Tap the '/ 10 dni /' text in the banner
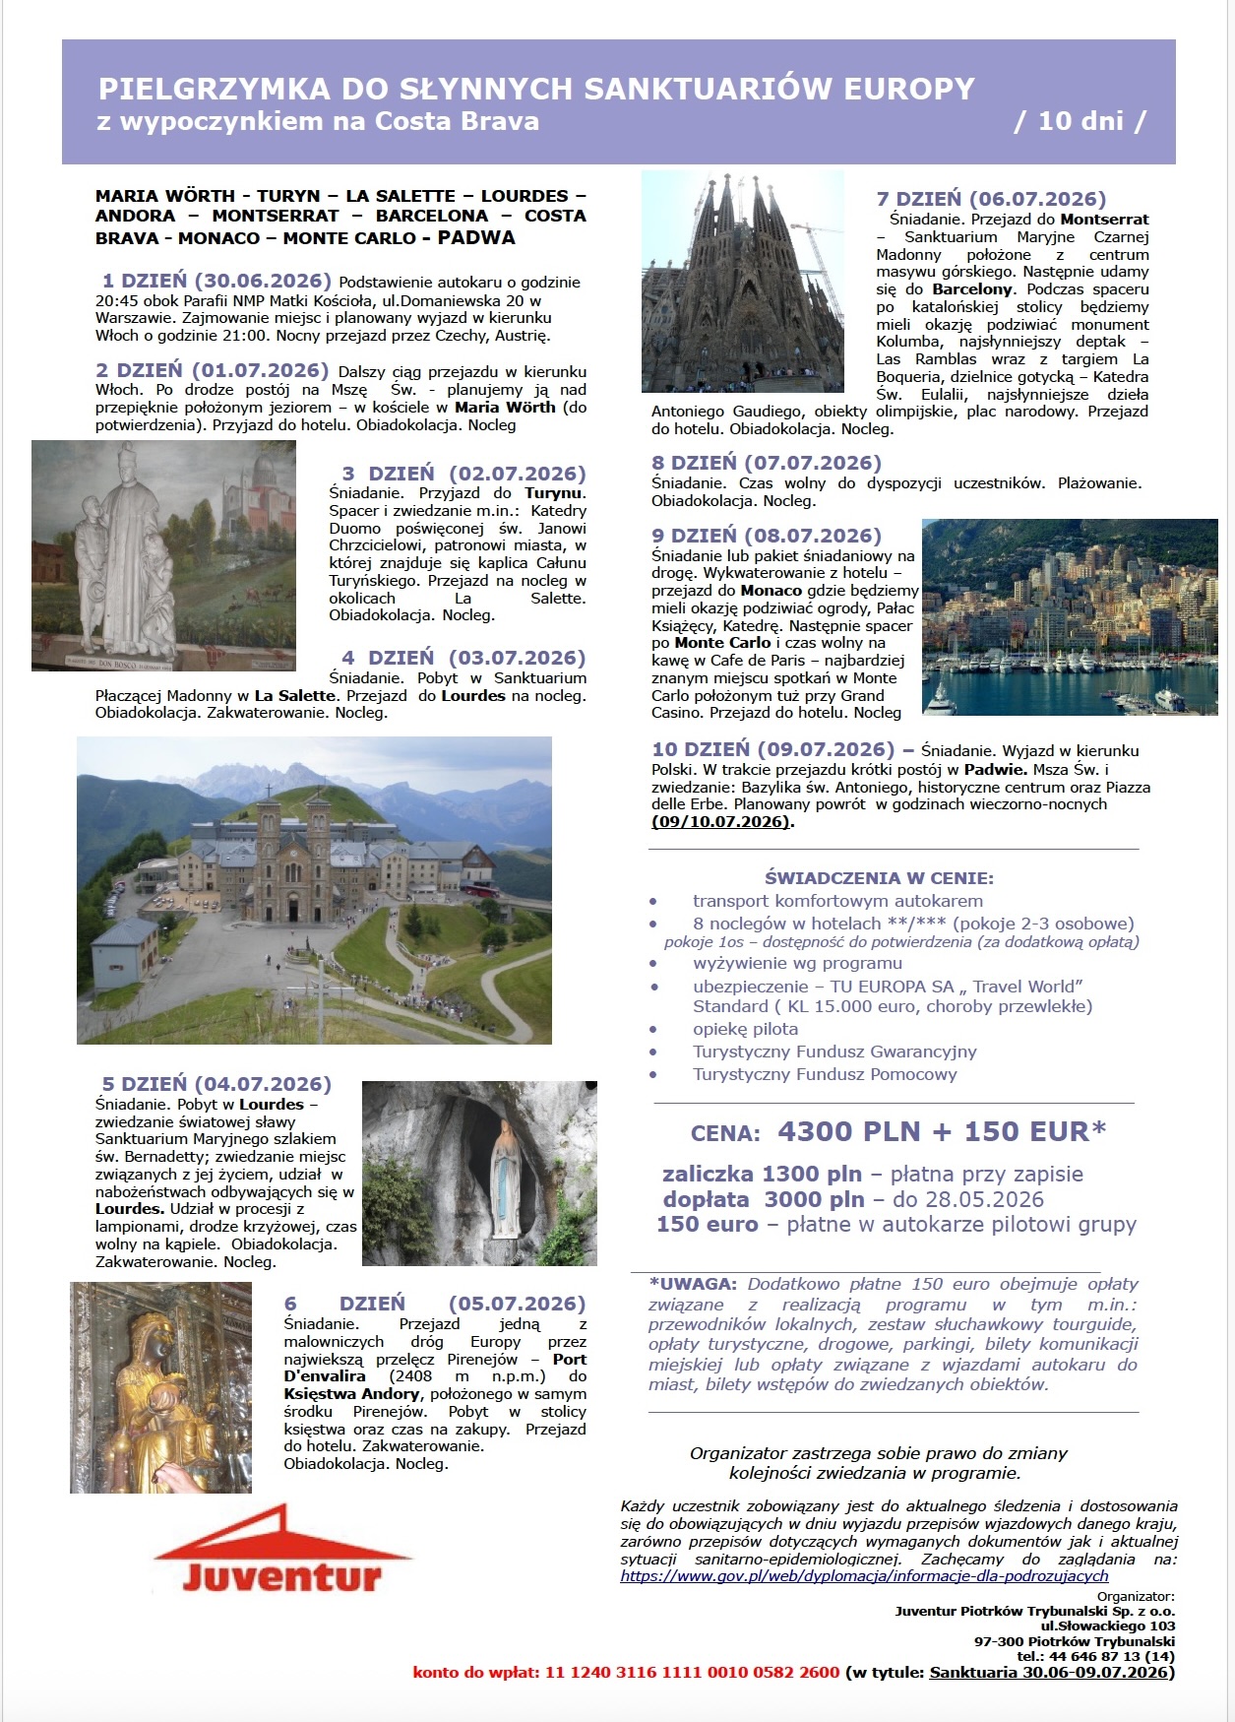click(1081, 121)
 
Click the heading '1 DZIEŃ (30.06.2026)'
click(217, 282)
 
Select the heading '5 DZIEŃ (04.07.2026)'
click(216, 1084)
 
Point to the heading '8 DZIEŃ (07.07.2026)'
click(767, 463)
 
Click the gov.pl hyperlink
click(864, 1575)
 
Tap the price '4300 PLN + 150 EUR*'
click(942, 1131)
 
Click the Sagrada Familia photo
click(742, 282)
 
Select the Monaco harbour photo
click(1069, 616)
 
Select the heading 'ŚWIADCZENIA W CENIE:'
click(879, 877)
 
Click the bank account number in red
click(692, 1672)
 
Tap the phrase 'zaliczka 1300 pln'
click(762, 1174)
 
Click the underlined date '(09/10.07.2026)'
click(721, 821)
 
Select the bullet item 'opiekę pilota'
click(745, 1029)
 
